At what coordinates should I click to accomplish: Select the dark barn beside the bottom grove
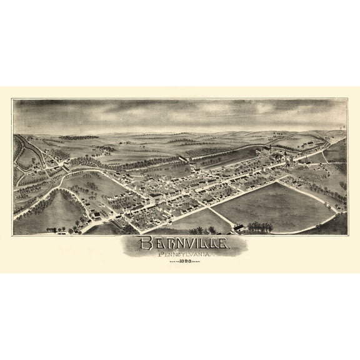click(239, 227)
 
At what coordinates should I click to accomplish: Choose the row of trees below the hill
click(62, 229)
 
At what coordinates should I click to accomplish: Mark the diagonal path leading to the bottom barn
click(221, 218)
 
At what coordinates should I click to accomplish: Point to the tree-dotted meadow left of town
click(94, 184)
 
